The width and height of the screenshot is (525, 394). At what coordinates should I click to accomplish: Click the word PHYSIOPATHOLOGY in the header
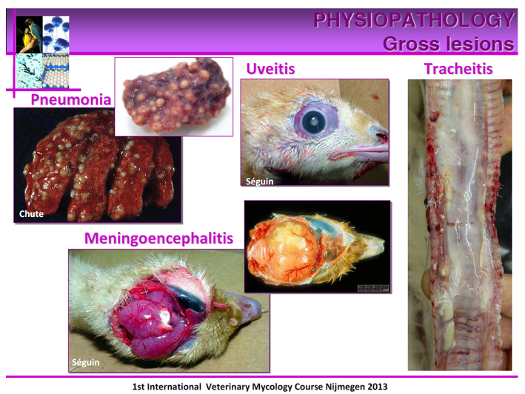click(414, 20)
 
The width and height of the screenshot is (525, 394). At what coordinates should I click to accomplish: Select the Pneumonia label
click(71, 99)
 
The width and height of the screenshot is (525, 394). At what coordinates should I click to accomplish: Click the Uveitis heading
click(270, 69)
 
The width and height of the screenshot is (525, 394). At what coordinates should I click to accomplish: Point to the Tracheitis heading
click(458, 69)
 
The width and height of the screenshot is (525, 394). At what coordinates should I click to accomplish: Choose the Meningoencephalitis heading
click(158, 238)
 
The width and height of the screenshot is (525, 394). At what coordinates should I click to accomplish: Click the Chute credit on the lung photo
click(32, 214)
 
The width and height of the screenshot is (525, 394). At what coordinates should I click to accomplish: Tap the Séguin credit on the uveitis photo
click(259, 181)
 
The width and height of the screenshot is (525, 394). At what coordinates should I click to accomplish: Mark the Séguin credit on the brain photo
click(86, 362)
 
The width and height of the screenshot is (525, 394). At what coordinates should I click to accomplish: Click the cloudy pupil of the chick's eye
click(315, 121)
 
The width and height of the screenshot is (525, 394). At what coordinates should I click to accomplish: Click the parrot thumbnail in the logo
click(30, 35)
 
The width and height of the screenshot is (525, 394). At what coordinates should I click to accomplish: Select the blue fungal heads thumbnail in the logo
click(56, 35)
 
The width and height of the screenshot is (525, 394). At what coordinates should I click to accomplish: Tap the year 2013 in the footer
click(378, 387)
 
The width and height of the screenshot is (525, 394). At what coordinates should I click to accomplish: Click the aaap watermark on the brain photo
click(373, 288)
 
